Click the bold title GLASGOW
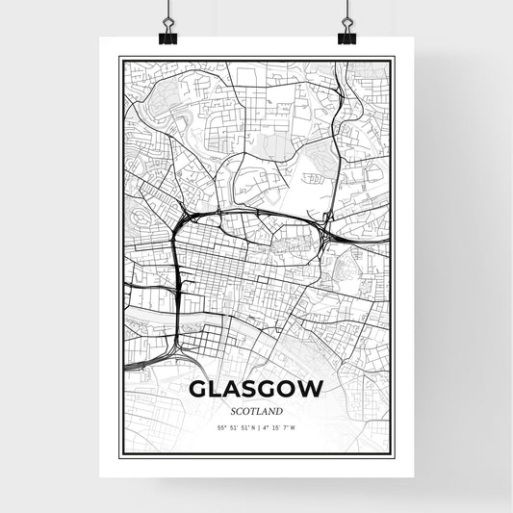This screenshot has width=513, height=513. [256, 391]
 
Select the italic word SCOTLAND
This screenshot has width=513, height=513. [256, 411]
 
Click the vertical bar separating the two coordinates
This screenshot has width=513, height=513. [258, 427]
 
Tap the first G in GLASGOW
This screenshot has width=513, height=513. [199, 391]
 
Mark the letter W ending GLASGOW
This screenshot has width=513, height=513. [312, 391]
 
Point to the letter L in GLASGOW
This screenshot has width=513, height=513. [218, 391]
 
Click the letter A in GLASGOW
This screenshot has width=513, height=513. [235, 391]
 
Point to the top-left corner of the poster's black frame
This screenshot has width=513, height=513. [119, 58]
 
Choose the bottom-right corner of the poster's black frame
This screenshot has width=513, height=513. [394, 457]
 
